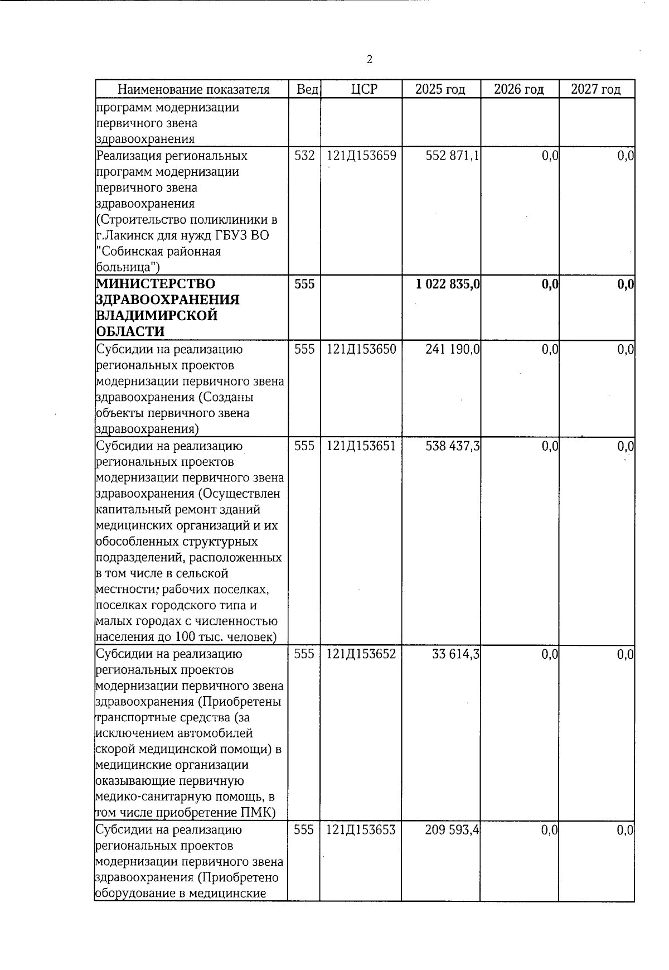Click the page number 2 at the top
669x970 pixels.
coord(370,60)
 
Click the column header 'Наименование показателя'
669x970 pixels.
coord(193,89)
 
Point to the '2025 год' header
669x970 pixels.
coord(440,89)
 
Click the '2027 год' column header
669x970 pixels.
coord(595,89)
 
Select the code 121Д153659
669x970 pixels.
coord(361,156)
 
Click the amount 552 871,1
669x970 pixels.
coord(452,156)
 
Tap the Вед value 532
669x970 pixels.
coord(304,156)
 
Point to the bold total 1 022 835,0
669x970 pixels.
coord(448,284)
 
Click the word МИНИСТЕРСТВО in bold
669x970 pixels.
coord(156,284)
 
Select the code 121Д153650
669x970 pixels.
coord(361,349)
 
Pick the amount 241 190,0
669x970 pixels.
coord(452,349)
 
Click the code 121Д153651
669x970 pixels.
coord(361,446)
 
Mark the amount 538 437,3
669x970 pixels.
coord(452,446)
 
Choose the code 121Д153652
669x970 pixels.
coord(361,654)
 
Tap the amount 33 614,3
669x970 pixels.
coord(455,654)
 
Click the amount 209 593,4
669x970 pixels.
coord(452,829)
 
